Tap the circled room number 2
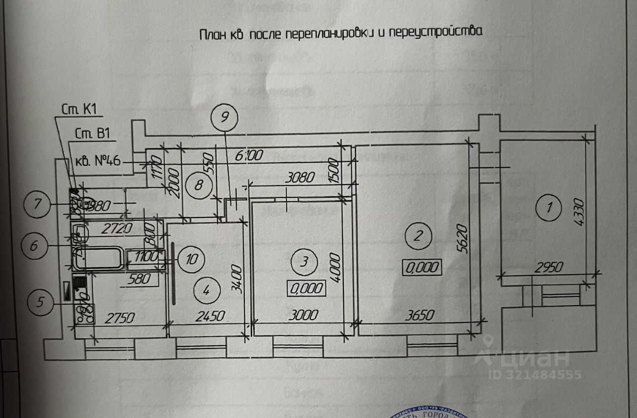(419, 236)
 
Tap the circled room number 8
(198, 186)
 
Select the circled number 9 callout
(224, 118)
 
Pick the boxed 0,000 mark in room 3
(307, 287)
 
